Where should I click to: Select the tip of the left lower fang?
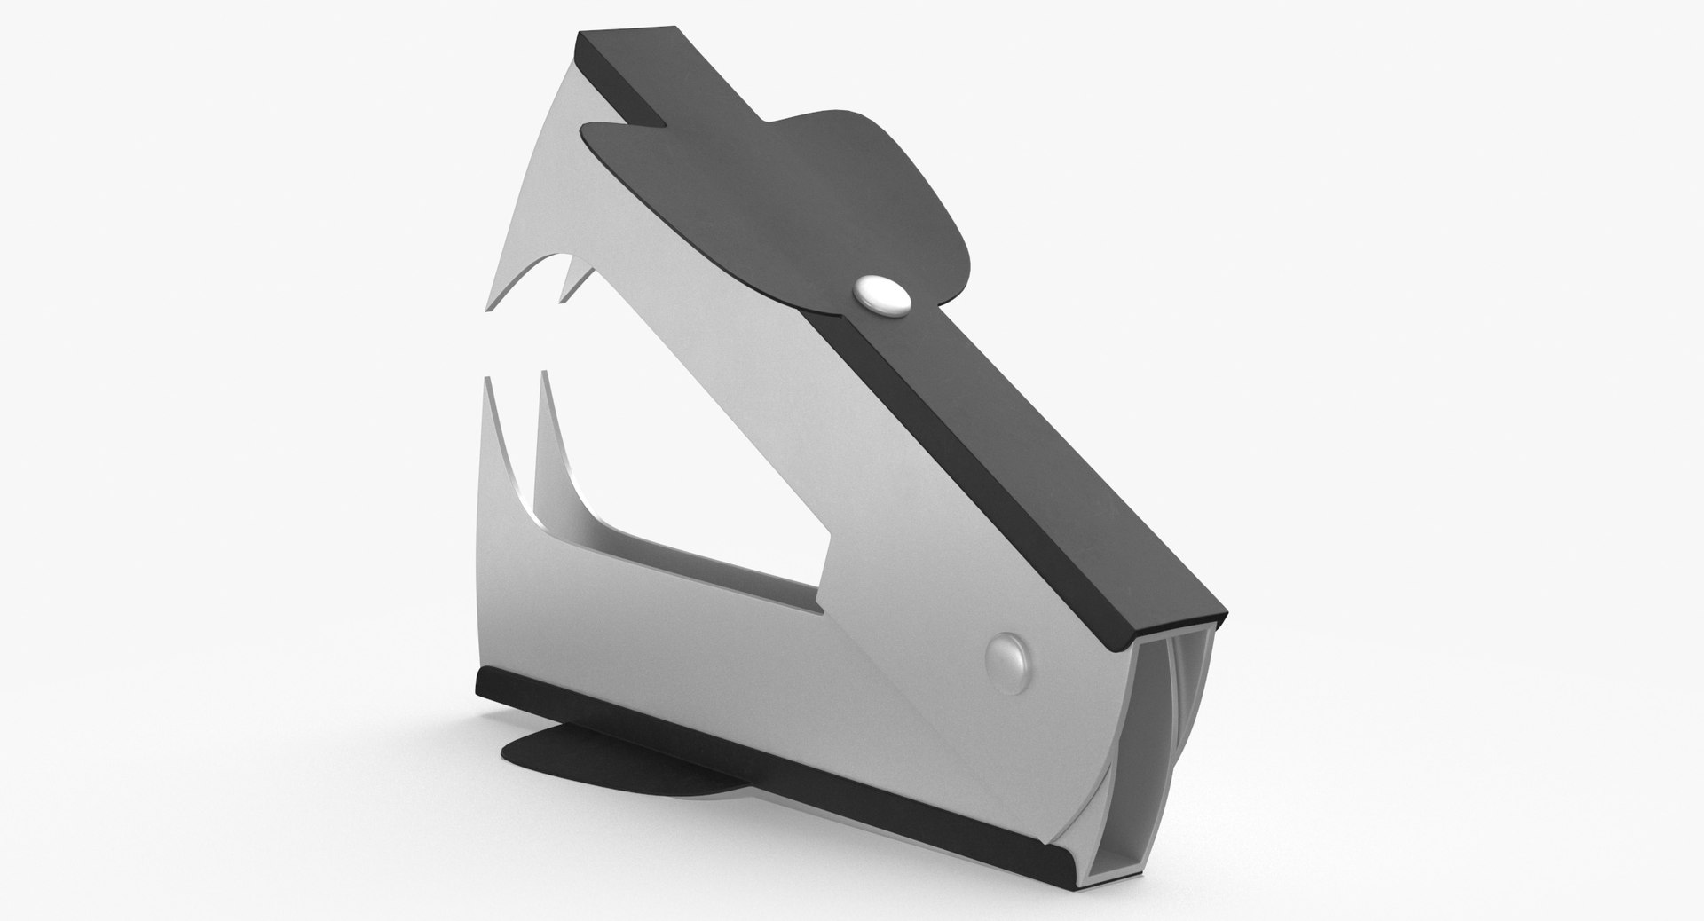click(x=486, y=378)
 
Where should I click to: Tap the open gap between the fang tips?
click(x=515, y=346)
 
